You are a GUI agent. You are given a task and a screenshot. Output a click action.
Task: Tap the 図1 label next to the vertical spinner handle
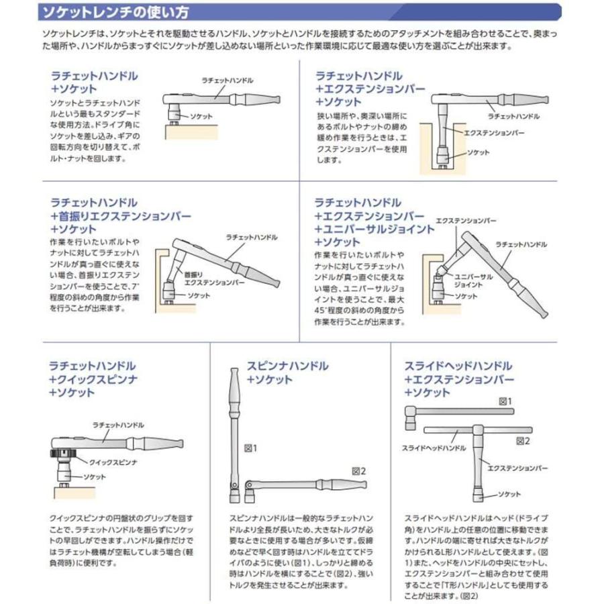tap(250, 448)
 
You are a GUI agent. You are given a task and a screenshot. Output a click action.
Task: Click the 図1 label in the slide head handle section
tap(505, 401)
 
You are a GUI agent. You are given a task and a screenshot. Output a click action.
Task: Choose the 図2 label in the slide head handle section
tap(523, 441)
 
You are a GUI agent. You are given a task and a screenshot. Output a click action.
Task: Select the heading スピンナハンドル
tap(285, 366)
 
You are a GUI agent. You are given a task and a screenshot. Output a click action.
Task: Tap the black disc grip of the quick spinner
tap(64, 456)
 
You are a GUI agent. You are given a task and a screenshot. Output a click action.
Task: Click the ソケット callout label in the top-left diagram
tap(201, 116)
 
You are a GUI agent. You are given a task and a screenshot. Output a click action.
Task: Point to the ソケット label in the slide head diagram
tap(509, 495)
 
